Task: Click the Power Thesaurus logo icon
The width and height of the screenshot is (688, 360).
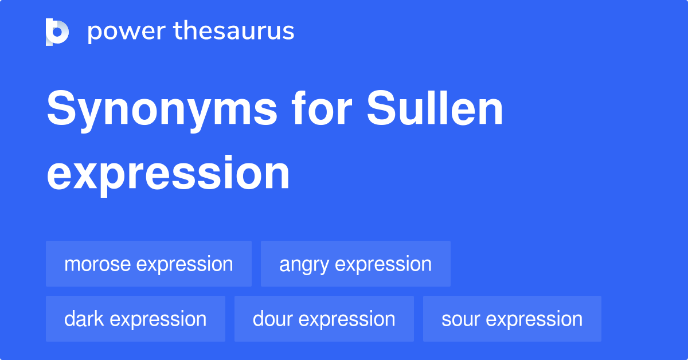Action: (57, 32)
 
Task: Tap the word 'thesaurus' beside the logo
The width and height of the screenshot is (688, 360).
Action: (234, 32)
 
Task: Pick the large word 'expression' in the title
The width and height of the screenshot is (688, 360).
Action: (168, 173)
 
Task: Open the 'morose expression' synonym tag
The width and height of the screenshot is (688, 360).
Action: (148, 264)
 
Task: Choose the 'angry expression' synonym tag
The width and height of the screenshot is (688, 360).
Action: (355, 264)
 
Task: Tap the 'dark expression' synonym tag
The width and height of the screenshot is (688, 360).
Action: (135, 319)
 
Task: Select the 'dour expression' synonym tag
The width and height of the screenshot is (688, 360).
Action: (324, 319)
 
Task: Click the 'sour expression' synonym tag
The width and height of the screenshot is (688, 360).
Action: (512, 319)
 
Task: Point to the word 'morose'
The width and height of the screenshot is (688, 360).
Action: (97, 264)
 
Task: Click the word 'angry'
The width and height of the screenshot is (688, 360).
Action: (304, 265)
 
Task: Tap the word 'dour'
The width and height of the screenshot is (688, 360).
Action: (273, 319)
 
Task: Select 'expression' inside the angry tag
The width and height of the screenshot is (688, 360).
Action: (383, 265)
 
